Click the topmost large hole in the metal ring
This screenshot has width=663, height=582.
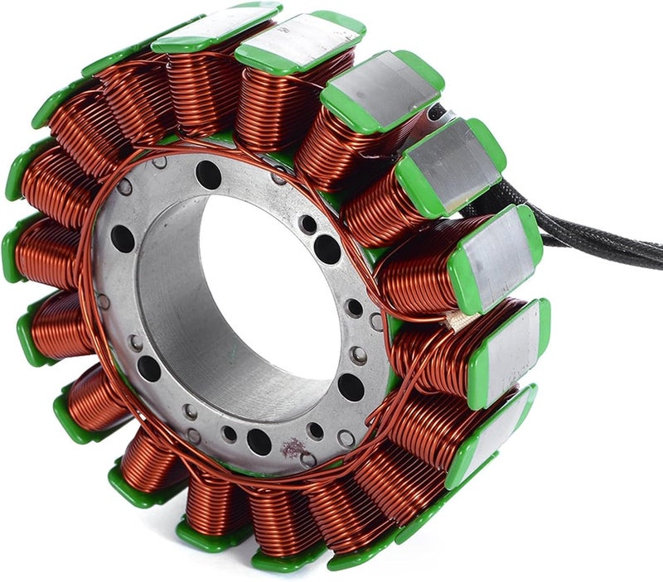click(x=208, y=174)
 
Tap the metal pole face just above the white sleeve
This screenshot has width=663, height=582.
click(x=497, y=253)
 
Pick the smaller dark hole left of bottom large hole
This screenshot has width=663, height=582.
click(x=229, y=433)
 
